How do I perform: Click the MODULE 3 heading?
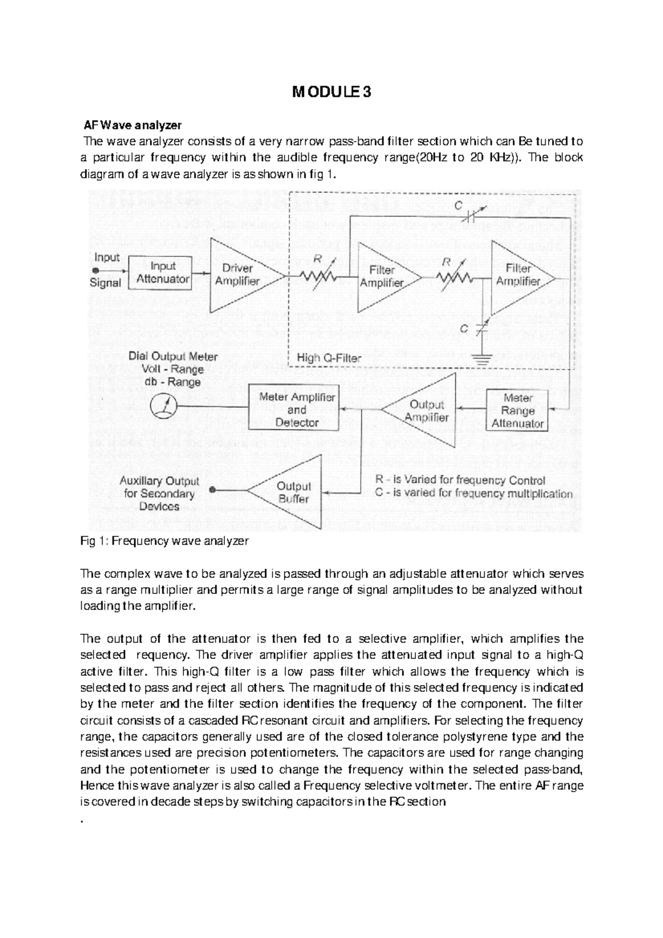tap(331, 92)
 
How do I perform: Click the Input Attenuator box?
tap(160, 272)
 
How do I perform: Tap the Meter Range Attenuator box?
tap(517, 410)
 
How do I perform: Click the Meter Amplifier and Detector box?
tap(297, 410)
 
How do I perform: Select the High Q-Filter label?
tap(329, 358)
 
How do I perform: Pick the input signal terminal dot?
tap(95, 271)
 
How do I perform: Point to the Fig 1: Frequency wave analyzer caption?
tap(165, 541)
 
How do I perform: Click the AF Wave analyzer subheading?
tap(132, 124)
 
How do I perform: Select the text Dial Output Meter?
tap(173, 357)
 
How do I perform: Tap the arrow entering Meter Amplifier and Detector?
tap(345, 409)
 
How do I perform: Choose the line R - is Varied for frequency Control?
tap(460, 480)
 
